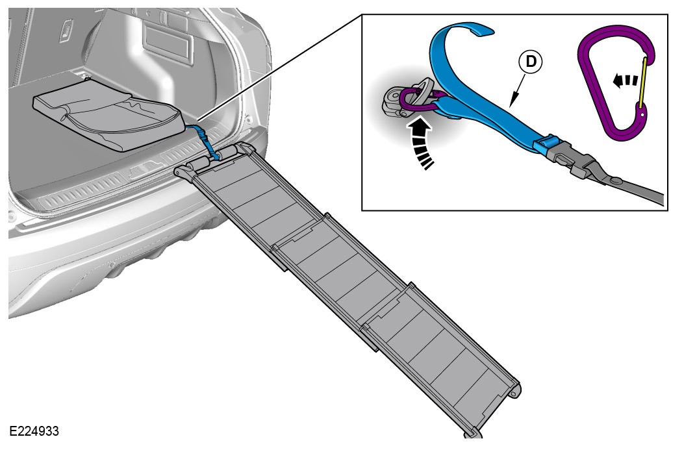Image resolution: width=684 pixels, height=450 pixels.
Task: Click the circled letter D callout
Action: coord(531,62)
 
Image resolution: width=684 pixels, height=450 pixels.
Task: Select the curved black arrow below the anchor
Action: coord(421,142)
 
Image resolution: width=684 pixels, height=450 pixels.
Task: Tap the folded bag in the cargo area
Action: coord(107,118)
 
